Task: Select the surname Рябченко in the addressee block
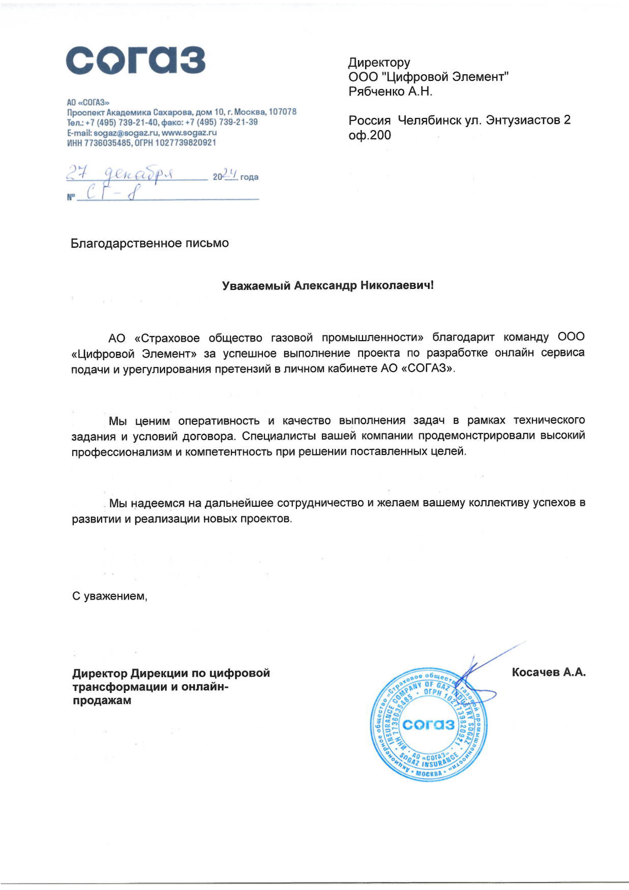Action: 374,92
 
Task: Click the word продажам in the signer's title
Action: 102,701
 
